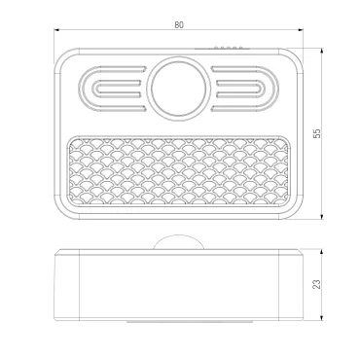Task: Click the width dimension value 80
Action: coord(179,25)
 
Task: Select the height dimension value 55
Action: coord(317,133)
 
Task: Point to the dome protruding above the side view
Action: coord(179,242)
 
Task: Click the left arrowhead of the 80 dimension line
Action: coord(56,30)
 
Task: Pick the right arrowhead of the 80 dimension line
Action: coord(301,30)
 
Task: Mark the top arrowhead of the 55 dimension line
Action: coord(322,51)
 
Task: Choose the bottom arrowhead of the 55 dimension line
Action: coord(322,217)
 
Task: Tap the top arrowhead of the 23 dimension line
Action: coord(322,252)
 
